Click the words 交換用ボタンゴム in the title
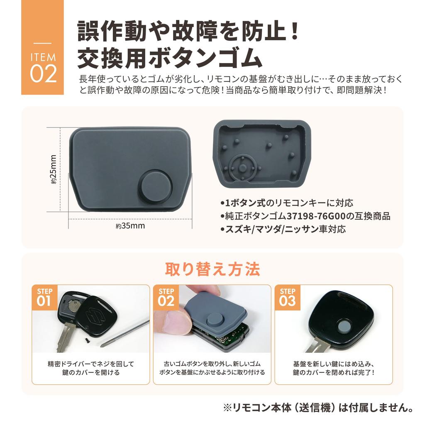coord(169,59)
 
